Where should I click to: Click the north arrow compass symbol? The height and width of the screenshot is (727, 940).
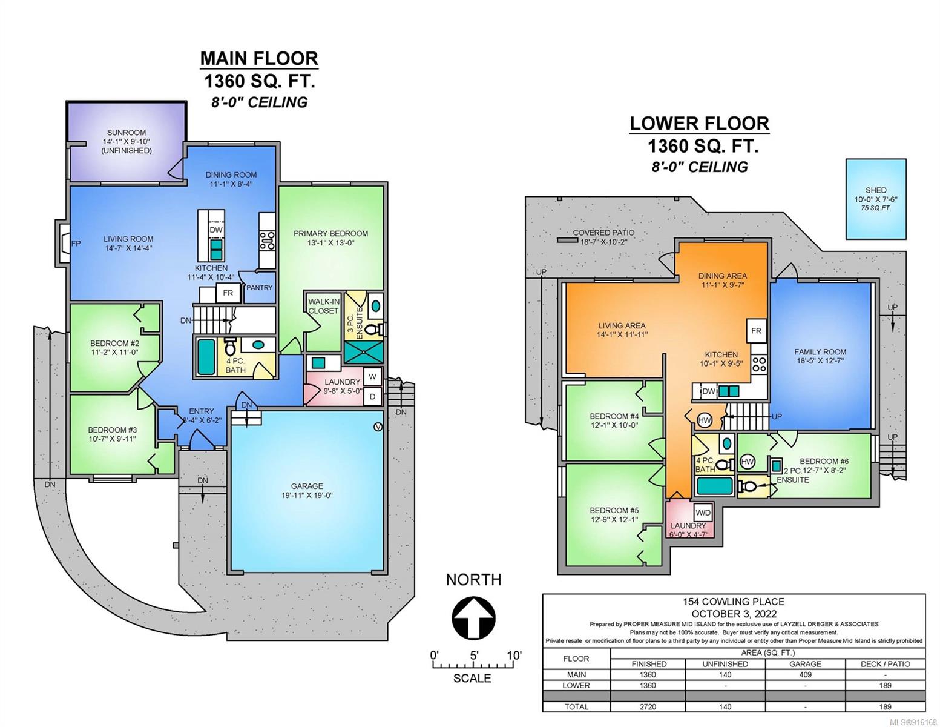(474, 617)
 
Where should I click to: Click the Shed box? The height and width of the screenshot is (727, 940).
(876, 199)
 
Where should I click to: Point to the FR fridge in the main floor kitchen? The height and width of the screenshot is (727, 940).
(228, 293)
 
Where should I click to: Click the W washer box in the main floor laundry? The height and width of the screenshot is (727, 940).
(372, 377)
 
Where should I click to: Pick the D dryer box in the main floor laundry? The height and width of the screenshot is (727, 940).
(372, 397)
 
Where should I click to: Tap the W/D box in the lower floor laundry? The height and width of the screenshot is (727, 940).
(703, 513)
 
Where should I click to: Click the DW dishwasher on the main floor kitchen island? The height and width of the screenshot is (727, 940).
(216, 230)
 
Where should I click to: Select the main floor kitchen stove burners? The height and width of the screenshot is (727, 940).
(267, 241)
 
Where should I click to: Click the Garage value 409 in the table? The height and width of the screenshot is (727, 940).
(805, 674)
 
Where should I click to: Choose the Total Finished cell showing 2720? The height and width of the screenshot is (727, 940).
(648, 706)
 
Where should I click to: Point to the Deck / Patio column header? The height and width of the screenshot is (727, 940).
(885, 664)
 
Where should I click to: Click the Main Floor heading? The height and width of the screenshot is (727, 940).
(259, 58)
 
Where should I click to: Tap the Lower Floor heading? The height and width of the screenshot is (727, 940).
(700, 124)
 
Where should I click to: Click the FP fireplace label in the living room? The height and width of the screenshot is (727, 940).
(76, 244)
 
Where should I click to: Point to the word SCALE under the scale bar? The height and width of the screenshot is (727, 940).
(472, 678)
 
